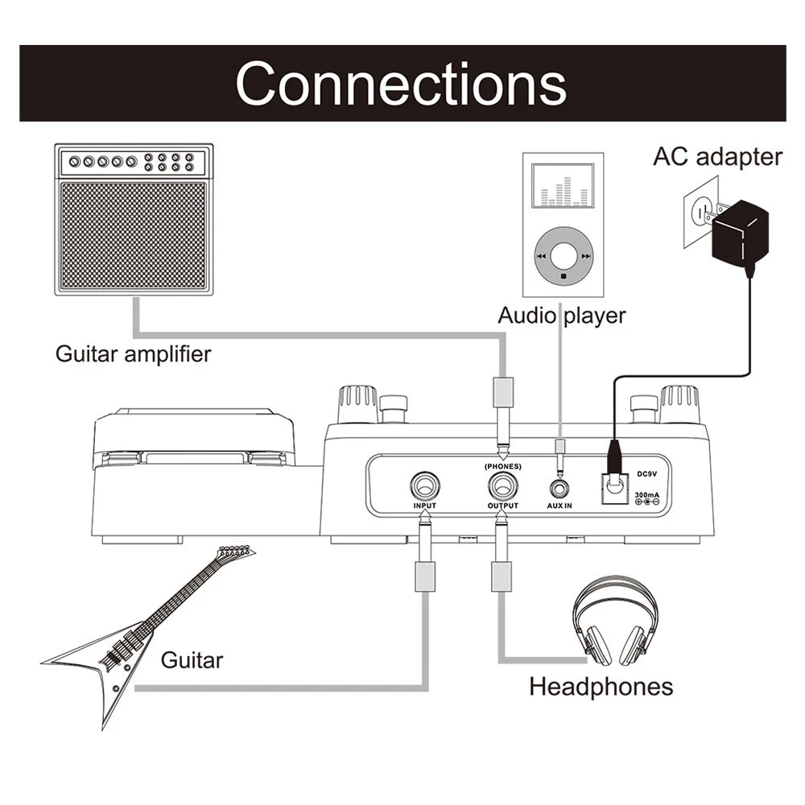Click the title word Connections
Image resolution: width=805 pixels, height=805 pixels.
coord(401,83)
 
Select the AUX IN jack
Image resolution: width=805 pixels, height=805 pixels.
coord(559,488)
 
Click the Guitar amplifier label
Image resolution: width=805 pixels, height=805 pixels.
coord(133,353)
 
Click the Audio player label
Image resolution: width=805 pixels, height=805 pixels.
coord(561,315)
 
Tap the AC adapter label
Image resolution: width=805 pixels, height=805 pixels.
coord(717,156)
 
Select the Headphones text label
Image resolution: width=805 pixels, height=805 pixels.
coord(601,687)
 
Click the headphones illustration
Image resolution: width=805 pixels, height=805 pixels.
coord(615,624)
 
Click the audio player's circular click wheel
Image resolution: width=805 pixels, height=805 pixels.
coord(563,256)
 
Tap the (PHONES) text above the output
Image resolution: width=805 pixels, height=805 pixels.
coord(502,466)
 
